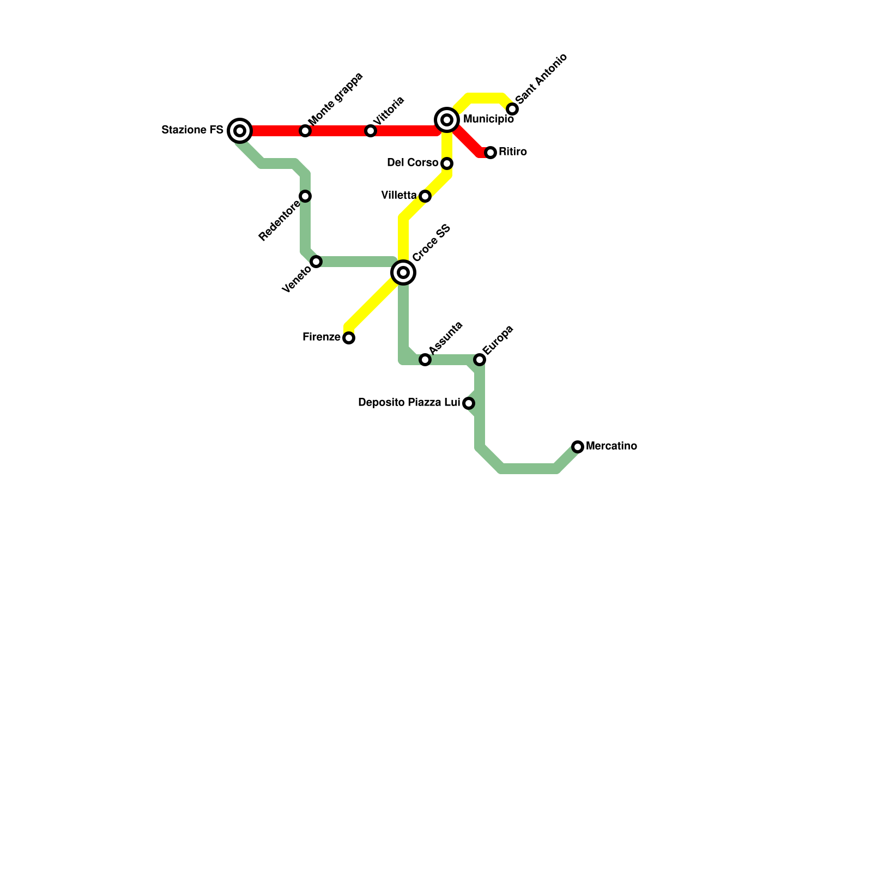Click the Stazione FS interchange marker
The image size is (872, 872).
(x=240, y=131)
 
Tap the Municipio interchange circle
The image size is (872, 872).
(x=447, y=120)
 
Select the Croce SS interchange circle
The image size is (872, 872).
(x=403, y=272)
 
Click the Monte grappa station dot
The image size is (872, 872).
(x=305, y=131)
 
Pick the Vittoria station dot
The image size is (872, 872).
(x=371, y=131)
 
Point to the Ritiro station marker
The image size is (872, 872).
(x=491, y=153)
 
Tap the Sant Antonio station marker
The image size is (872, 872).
(x=512, y=109)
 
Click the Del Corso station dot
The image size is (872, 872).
(x=447, y=163)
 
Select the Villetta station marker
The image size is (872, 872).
(x=425, y=196)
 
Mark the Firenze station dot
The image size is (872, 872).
(x=349, y=338)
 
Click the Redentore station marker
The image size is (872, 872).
(x=305, y=196)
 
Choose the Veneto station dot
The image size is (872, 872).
(x=316, y=262)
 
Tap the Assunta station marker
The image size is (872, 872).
(x=425, y=360)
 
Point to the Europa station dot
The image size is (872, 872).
(x=480, y=360)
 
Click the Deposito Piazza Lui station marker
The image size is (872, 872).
(x=469, y=403)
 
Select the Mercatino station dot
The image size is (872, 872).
(x=578, y=447)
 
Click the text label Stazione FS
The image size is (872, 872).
(x=192, y=130)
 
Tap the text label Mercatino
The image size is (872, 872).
(x=611, y=446)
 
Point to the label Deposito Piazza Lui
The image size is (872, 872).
(x=409, y=403)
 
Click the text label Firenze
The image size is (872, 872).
(x=322, y=337)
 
